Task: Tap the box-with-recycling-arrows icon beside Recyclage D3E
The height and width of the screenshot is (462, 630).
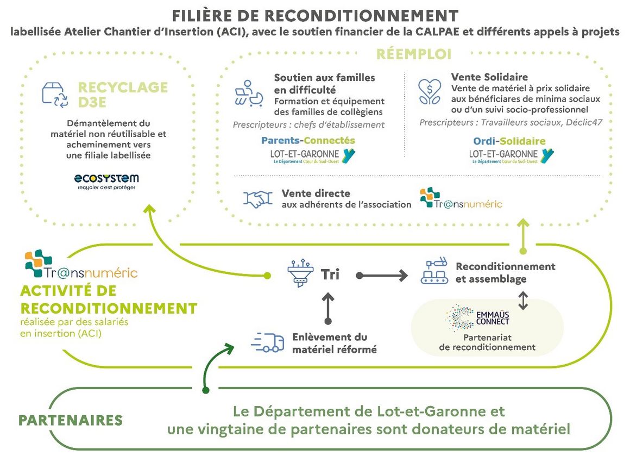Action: [x=55, y=93]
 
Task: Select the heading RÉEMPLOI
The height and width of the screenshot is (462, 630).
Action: [x=414, y=54]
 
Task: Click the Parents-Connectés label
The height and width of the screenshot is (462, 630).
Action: [x=308, y=140]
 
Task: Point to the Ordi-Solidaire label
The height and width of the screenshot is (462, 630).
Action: [x=509, y=141]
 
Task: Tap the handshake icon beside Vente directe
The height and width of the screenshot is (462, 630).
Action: [x=258, y=199]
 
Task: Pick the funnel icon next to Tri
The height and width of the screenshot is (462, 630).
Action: [x=299, y=274]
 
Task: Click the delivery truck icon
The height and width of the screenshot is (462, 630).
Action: [x=268, y=342]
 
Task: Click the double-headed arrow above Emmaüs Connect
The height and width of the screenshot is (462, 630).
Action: [x=522, y=301]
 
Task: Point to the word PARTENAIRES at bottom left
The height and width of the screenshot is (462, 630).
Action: [x=71, y=420]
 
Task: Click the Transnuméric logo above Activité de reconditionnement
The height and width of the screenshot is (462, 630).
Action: [x=80, y=265]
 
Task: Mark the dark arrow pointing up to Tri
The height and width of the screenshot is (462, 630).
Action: [x=327, y=307]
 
